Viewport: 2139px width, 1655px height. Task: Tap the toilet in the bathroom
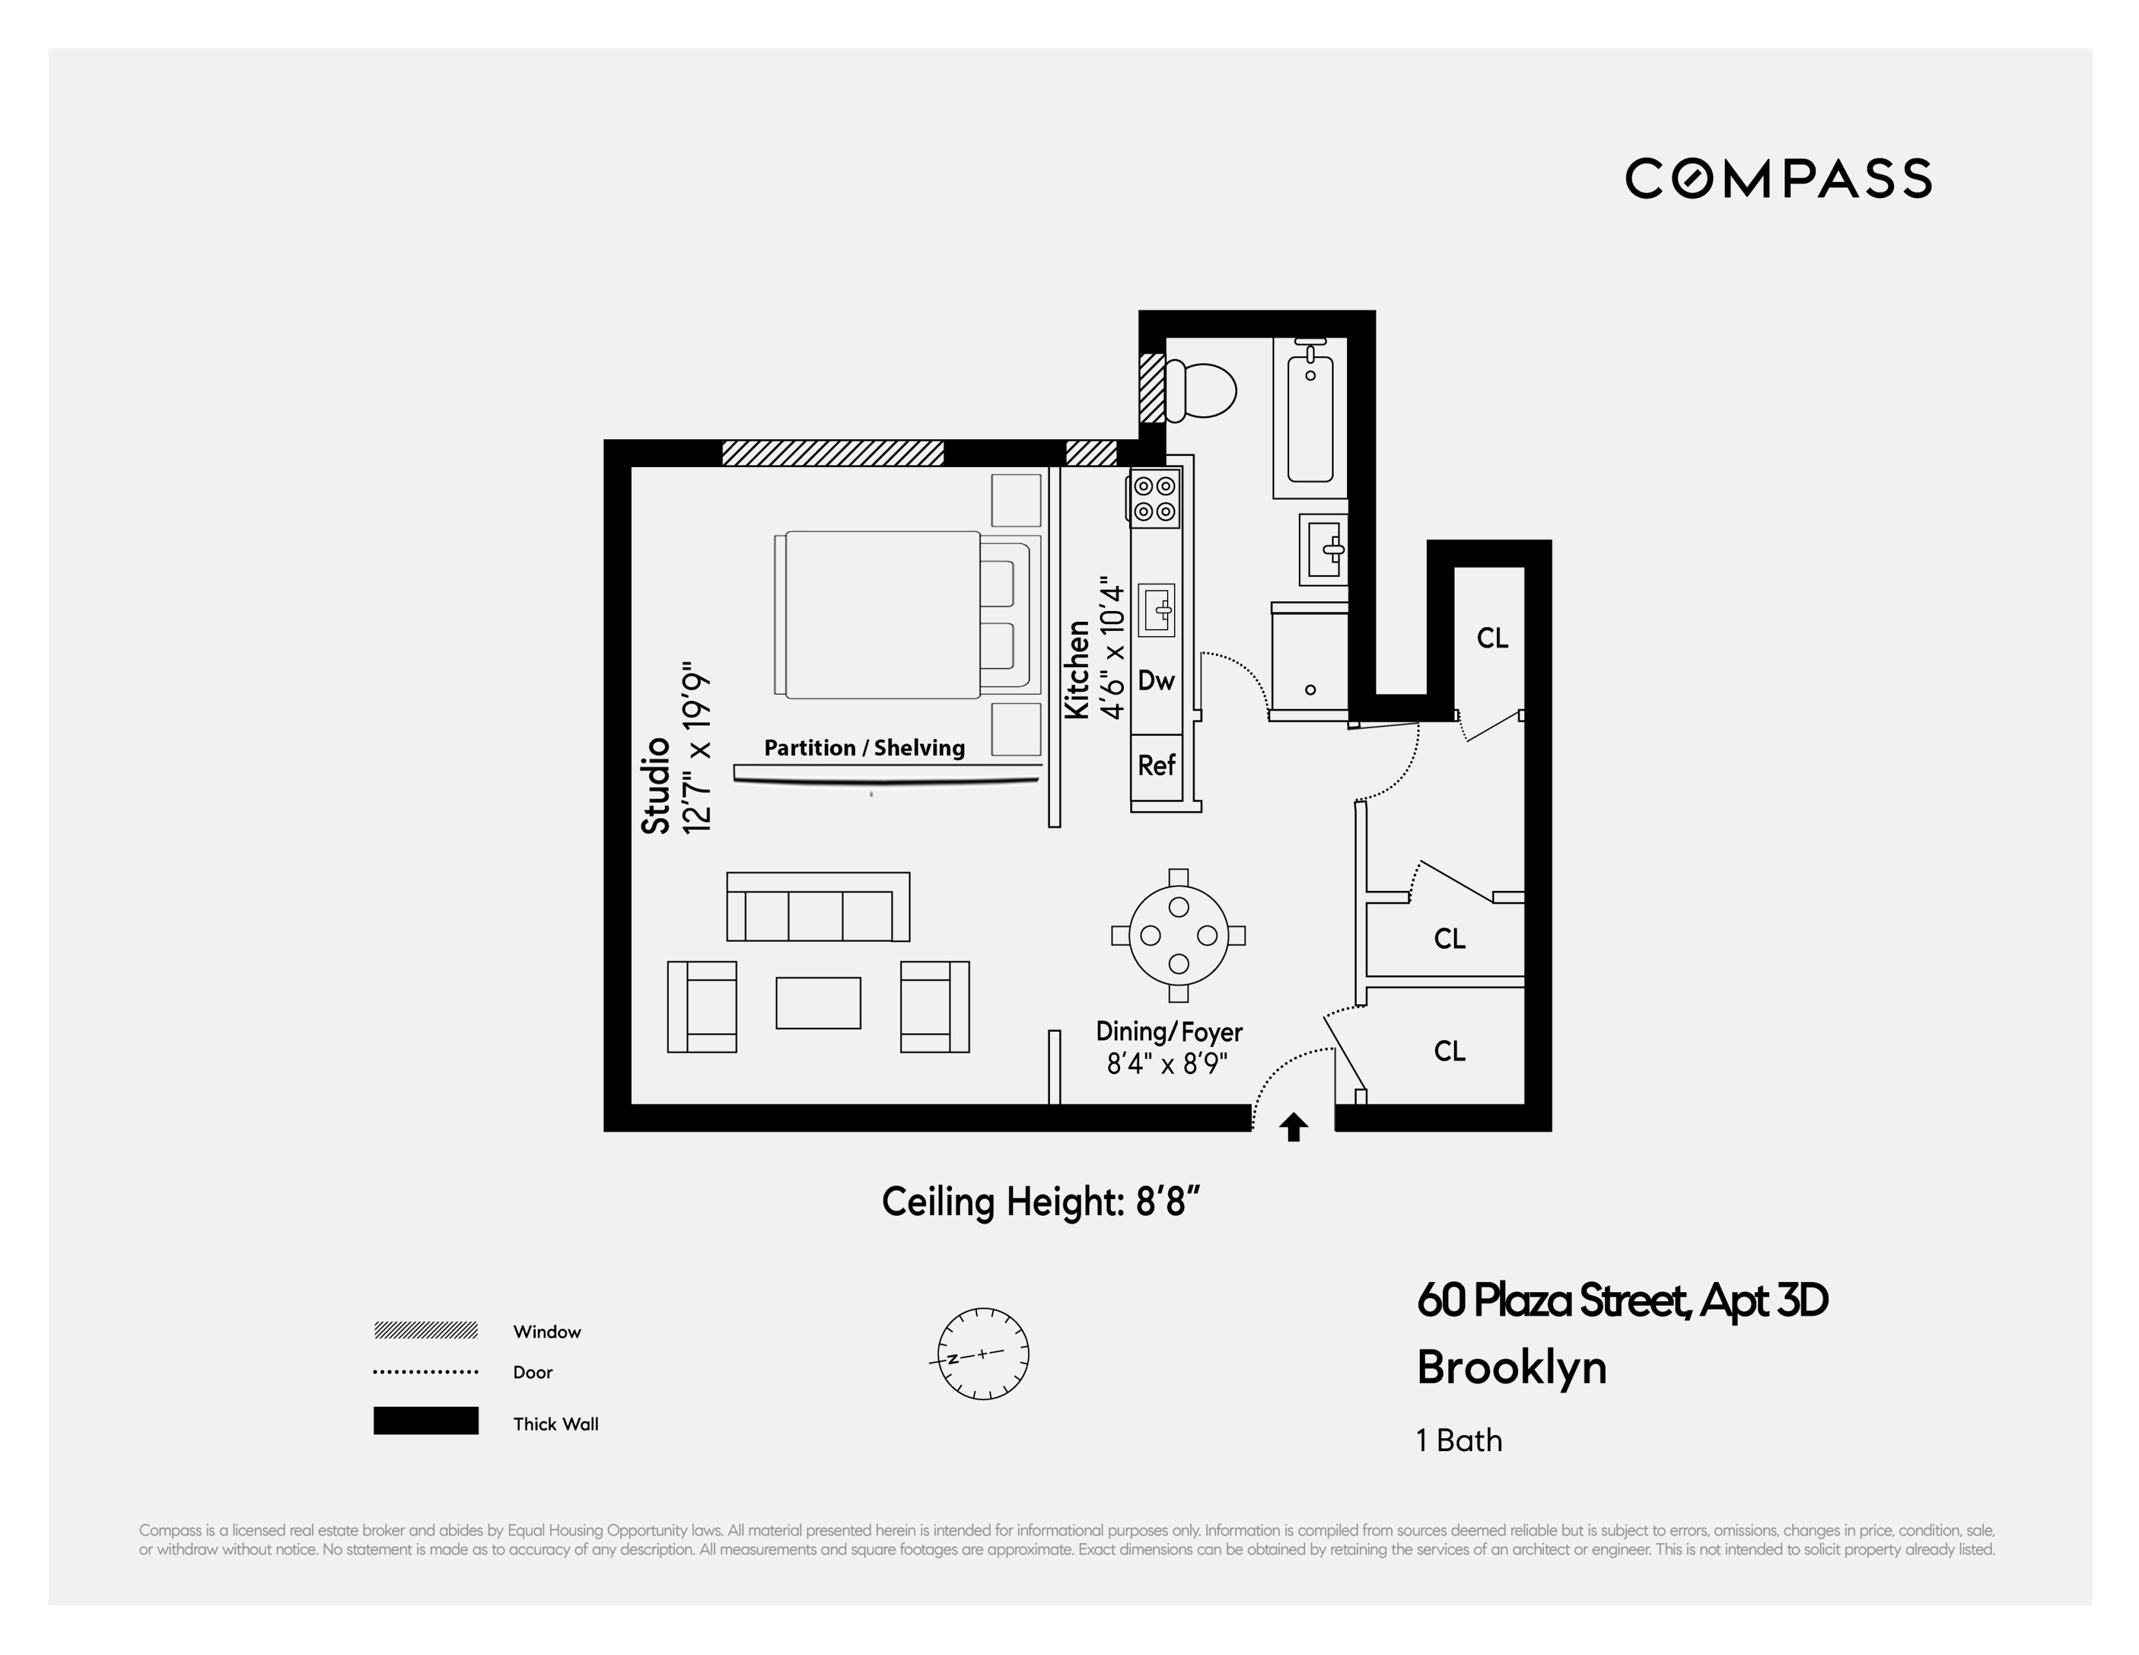[x=1203, y=390]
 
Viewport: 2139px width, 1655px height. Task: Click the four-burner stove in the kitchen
[x=1155, y=498]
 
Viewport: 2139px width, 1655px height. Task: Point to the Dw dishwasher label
[x=1155, y=681]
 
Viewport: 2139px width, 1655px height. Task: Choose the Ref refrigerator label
[x=1155, y=765]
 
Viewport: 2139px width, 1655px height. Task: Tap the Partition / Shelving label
[x=864, y=748]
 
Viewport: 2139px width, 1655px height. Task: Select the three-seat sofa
[x=818, y=907]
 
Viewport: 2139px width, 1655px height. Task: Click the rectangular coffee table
[x=818, y=1003]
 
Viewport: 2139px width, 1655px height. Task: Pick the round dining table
[x=1178, y=935]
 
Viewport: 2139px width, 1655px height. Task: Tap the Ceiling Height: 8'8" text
[x=1040, y=1202]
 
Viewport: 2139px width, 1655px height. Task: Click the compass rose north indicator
[x=982, y=1353]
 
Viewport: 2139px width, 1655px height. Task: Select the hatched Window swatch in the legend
[x=425, y=1330]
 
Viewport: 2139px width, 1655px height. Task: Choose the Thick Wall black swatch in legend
[x=425, y=1421]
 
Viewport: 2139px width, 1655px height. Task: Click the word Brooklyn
[x=1511, y=1367]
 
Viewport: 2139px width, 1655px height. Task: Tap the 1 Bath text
[x=1458, y=1441]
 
